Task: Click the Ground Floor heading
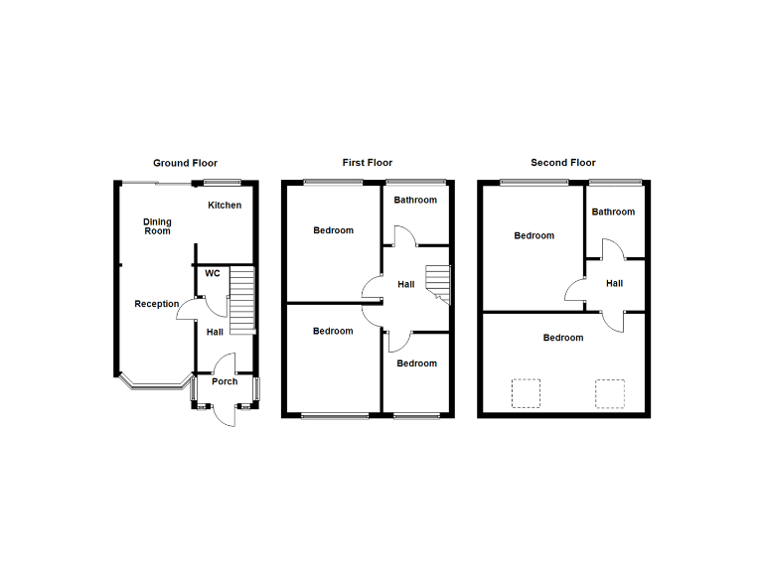[185, 163]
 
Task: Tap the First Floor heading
[368, 163]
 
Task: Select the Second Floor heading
[563, 163]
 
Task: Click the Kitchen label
[225, 206]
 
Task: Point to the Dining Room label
[157, 226]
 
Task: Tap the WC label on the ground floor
[213, 273]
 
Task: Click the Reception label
[157, 304]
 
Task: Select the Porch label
[225, 381]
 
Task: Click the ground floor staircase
[242, 301]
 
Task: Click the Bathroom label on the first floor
[415, 201]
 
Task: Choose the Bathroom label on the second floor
[613, 212]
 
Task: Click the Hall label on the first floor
[406, 285]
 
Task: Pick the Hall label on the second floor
[614, 284]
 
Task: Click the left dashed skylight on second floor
[526, 393]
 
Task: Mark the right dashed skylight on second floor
[610, 393]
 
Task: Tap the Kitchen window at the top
[223, 182]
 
